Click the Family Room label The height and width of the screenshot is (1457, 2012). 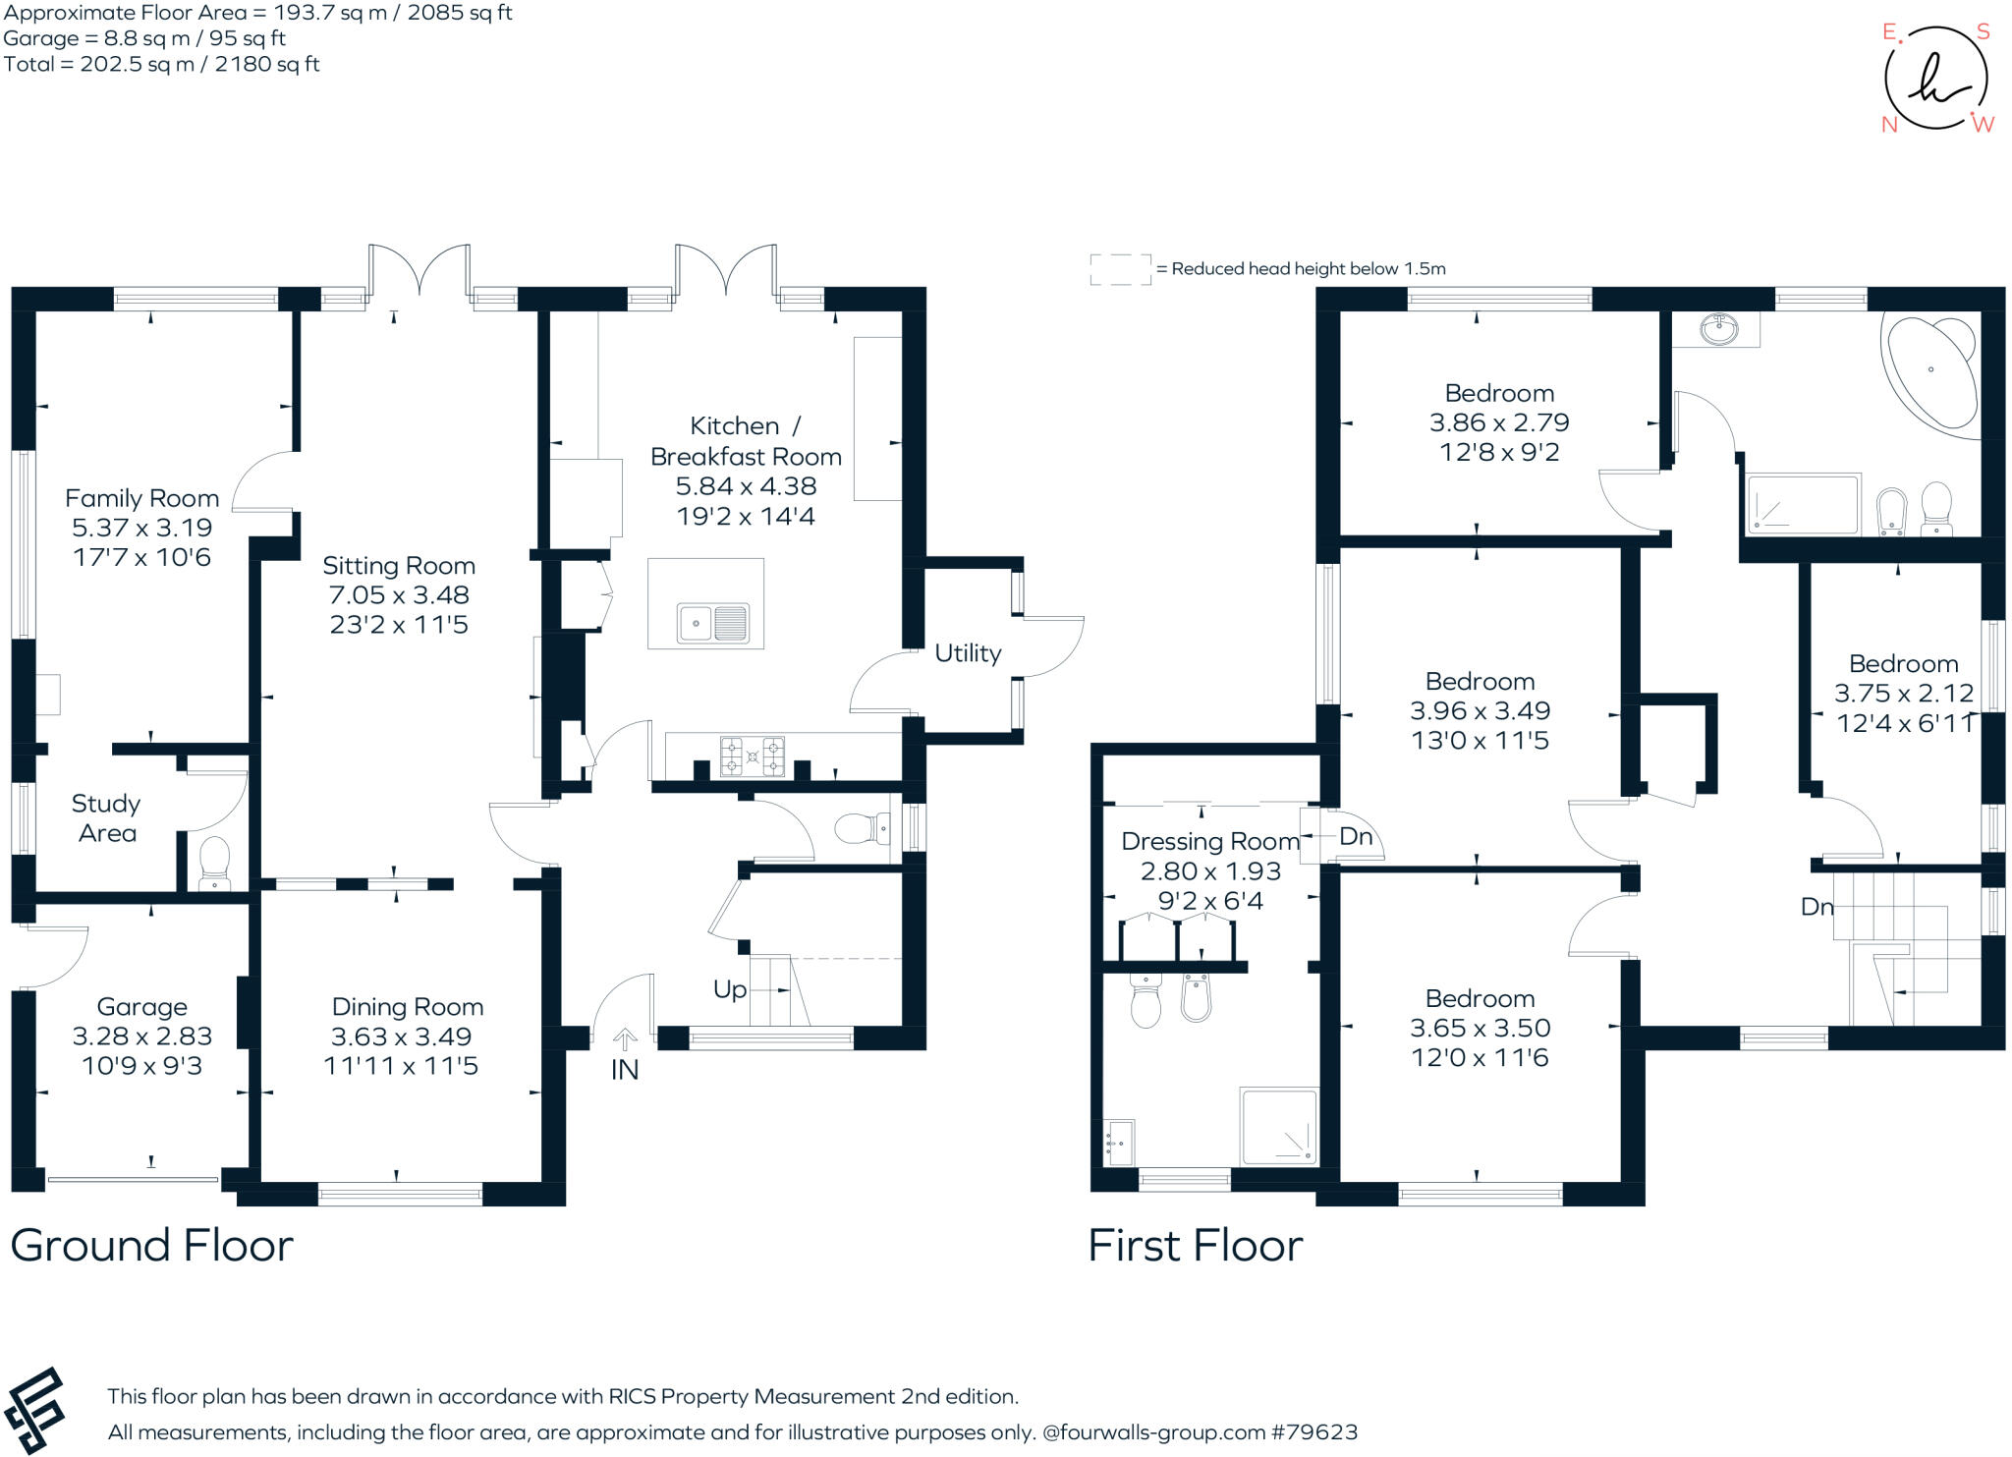coord(141,498)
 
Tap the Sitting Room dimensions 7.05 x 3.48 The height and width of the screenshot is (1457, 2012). coord(399,594)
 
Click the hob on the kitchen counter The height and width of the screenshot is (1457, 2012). coord(753,756)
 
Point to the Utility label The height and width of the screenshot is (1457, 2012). coord(968,653)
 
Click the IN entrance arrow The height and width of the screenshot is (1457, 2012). coord(625,1039)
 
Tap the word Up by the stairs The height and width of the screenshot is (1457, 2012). coord(730,990)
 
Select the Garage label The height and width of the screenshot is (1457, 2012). coord(141,1007)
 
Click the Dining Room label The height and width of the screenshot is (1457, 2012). coord(408,1007)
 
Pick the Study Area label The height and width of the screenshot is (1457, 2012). coord(106,818)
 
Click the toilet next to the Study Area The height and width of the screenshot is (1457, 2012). coord(213,862)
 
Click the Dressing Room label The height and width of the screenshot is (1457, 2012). coord(1210,842)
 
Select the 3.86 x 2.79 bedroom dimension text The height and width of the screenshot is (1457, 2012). coord(1499,422)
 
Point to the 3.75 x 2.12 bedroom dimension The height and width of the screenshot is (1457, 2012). coord(1904,693)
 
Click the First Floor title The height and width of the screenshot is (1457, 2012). coord(1196,1246)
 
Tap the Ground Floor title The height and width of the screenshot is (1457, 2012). coord(151,1246)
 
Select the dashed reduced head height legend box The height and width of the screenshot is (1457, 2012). coord(1121,269)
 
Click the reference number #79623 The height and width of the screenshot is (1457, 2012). coord(1314,1431)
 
